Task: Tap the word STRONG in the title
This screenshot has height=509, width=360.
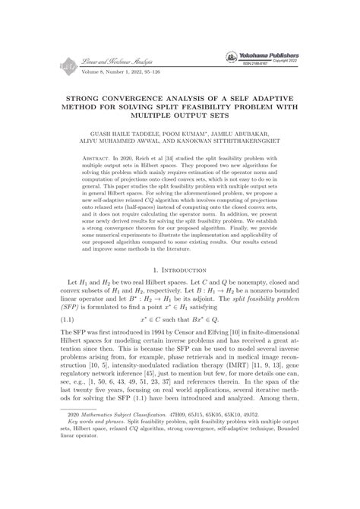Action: coord(87,98)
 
